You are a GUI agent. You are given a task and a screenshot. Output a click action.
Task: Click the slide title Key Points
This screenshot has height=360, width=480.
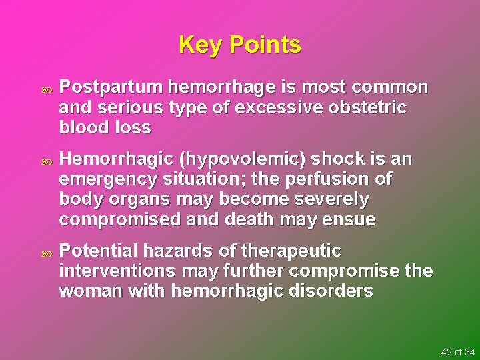(240, 45)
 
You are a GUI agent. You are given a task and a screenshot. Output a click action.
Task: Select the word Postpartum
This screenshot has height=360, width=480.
(111, 88)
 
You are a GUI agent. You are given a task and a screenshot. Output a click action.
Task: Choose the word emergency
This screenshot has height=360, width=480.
(106, 180)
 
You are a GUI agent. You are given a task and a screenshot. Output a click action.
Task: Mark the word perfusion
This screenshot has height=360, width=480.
(327, 179)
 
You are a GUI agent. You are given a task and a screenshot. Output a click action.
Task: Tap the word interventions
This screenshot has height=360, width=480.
(117, 271)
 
